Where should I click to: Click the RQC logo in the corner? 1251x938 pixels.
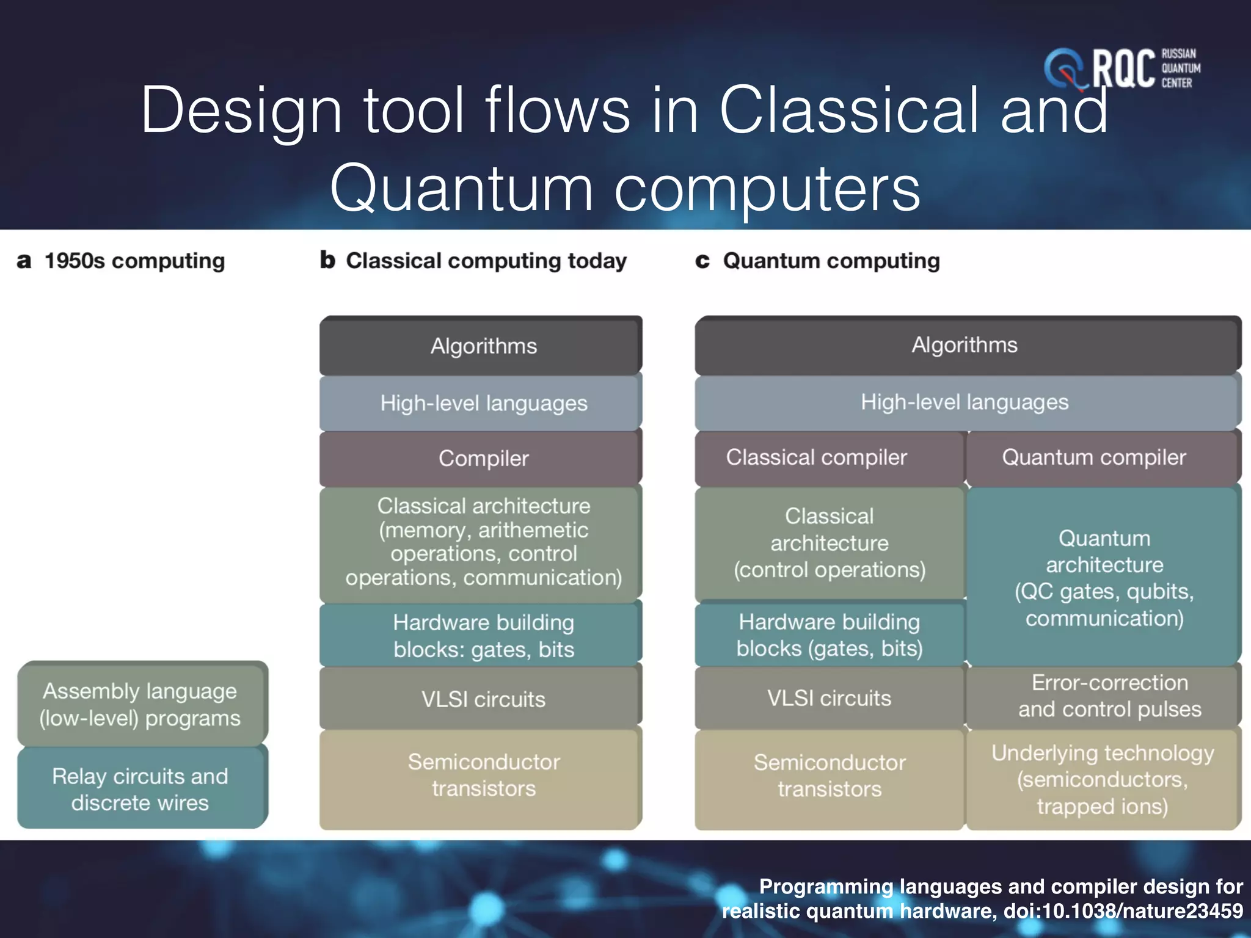tap(1122, 68)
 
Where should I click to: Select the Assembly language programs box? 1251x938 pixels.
tap(141, 704)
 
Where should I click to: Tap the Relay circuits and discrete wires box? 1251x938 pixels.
tap(141, 789)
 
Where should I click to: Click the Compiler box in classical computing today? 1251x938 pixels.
tap(483, 458)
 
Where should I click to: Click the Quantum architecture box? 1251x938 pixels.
tap(1104, 577)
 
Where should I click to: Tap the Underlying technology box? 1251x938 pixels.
tap(1103, 779)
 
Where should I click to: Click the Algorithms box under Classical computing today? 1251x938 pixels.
tap(483, 346)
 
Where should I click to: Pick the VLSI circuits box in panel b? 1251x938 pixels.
tap(483, 699)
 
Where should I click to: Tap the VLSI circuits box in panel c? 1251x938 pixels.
tap(829, 697)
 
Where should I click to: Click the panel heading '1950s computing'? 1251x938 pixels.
tap(134, 261)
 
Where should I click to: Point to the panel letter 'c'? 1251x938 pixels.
tap(702, 261)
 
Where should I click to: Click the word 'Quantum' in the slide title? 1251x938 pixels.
tap(461, 188)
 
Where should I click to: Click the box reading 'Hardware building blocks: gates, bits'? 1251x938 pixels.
tap(483, 636)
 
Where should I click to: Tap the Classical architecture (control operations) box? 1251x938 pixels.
tap(829, 543)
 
